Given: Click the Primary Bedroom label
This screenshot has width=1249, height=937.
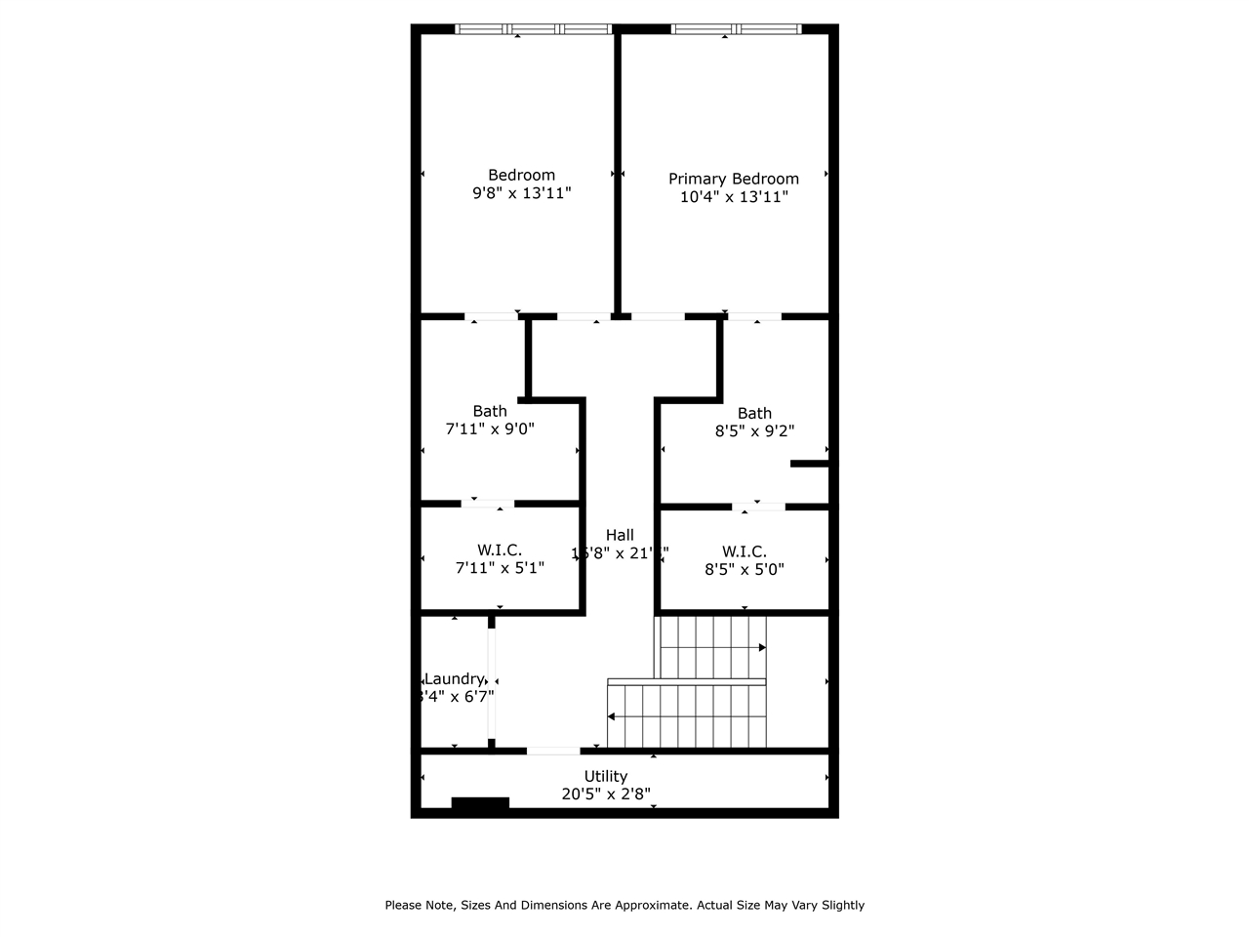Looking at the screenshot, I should point(733,179).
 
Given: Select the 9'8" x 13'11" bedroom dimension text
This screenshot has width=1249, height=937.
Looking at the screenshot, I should point(521,193).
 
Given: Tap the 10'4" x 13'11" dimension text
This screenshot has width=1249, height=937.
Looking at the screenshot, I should point(733,197).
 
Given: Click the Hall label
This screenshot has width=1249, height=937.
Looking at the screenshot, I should point(620,535).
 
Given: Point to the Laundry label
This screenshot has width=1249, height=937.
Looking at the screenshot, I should point(454,678).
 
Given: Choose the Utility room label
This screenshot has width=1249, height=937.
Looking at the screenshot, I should point(606,777).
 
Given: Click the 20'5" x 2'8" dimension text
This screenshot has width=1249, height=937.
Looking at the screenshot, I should point(606,794).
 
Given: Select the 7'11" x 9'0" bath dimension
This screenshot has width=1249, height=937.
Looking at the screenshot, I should point(490,428).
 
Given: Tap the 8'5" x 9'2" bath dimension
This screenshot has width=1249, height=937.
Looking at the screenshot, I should point(754,430).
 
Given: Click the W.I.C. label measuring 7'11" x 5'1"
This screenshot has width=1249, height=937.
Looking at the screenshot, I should point(500,550).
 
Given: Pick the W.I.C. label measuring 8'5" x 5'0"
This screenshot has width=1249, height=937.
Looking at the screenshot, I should point(744,551).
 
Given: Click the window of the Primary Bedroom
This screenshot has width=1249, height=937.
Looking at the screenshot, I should point(736,29).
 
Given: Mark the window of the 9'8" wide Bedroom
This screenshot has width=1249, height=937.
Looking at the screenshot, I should point(534,29).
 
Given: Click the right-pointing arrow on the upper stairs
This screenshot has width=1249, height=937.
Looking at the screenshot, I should point(761,647).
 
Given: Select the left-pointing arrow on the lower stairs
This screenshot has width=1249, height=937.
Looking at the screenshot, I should point(612,716).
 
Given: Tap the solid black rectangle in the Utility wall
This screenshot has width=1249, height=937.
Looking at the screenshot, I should point(480,803).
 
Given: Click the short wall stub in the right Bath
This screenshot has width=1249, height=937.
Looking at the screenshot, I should point(809,464).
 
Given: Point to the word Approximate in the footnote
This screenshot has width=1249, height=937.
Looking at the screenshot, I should point(652,906).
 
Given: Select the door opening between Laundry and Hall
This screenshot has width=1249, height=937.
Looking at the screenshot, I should point(492,682).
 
